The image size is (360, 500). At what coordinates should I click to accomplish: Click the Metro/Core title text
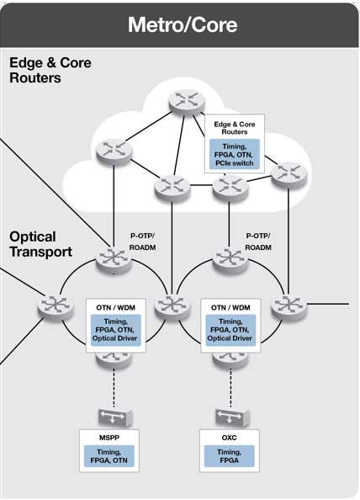[182, 24]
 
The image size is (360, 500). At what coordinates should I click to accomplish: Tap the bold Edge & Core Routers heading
[50, 71]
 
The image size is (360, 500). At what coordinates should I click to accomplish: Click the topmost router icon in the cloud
[184, 98]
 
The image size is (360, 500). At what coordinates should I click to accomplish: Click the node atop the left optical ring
[110, 258]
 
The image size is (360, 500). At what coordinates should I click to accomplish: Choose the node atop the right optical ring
[227, 257]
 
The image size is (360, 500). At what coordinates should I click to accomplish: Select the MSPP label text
[108, 438]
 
